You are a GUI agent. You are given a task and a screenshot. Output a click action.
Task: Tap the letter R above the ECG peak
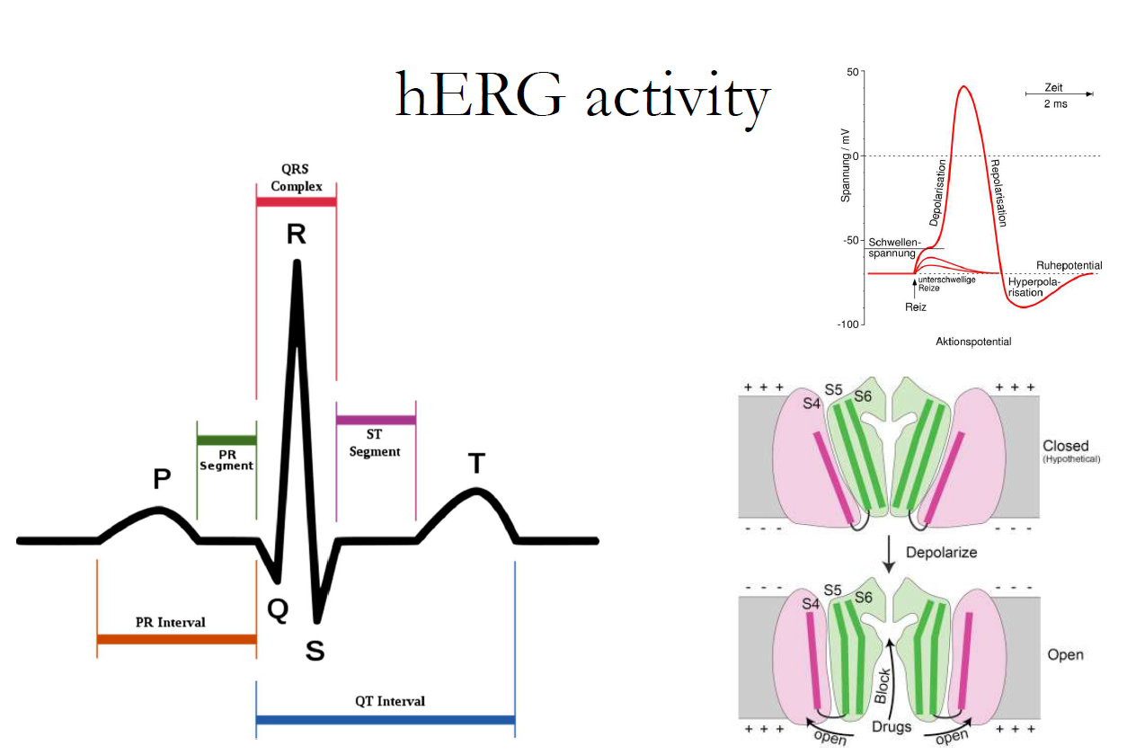point(297,235)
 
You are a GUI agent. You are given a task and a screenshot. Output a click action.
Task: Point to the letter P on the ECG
point(162,479)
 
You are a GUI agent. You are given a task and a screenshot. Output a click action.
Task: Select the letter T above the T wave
point(476,464)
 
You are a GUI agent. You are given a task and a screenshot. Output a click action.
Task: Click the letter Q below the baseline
point(279,610)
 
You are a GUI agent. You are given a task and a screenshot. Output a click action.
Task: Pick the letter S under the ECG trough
point(315,651)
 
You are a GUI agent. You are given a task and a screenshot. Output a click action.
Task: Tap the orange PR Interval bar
point(176,640)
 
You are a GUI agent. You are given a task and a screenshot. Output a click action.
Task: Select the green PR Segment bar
point(226,440)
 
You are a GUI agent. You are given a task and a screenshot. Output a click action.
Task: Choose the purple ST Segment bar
point(376,420)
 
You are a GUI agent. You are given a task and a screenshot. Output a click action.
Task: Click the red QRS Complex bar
point(296,202)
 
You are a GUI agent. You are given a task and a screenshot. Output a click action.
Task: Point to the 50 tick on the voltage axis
point(853,71)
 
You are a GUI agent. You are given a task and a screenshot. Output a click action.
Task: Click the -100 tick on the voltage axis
point(849,324)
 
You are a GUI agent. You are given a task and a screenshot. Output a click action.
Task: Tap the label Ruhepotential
point(1069,266)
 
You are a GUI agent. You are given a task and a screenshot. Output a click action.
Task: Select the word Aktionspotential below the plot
point(973,342)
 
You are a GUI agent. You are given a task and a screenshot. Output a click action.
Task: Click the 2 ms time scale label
point(1056,104)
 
